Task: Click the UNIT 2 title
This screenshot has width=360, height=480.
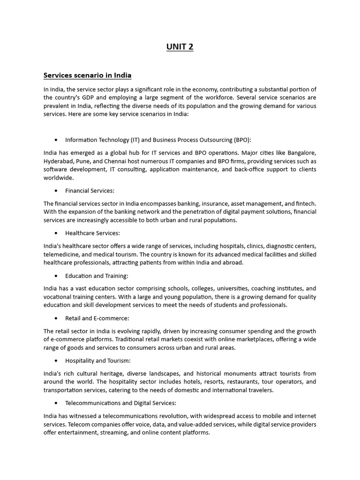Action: (180, 46)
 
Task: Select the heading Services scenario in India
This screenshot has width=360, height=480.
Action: (87, 75)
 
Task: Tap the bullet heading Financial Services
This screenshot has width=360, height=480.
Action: (90, 190)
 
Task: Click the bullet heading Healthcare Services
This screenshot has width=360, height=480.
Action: (92, 233)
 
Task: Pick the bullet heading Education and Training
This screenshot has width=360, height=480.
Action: (97, 276)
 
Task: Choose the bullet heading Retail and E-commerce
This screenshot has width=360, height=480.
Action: (96, 318)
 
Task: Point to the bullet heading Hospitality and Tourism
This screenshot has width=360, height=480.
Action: (97, 361)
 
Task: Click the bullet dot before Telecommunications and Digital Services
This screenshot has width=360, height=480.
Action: (56, 403)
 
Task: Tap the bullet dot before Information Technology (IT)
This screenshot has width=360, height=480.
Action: (56, 140)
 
